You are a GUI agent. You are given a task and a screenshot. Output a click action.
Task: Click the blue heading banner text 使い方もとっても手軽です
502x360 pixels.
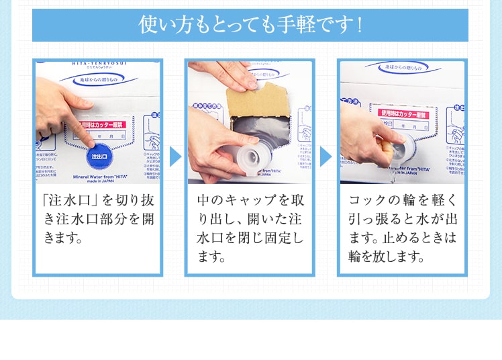pos(250,26)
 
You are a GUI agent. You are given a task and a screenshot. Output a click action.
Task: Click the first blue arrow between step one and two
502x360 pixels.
pos(175,156)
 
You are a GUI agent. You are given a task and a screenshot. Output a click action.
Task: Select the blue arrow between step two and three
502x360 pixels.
pos(326,156)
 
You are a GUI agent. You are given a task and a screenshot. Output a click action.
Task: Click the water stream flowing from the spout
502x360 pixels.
pos(391,176)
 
